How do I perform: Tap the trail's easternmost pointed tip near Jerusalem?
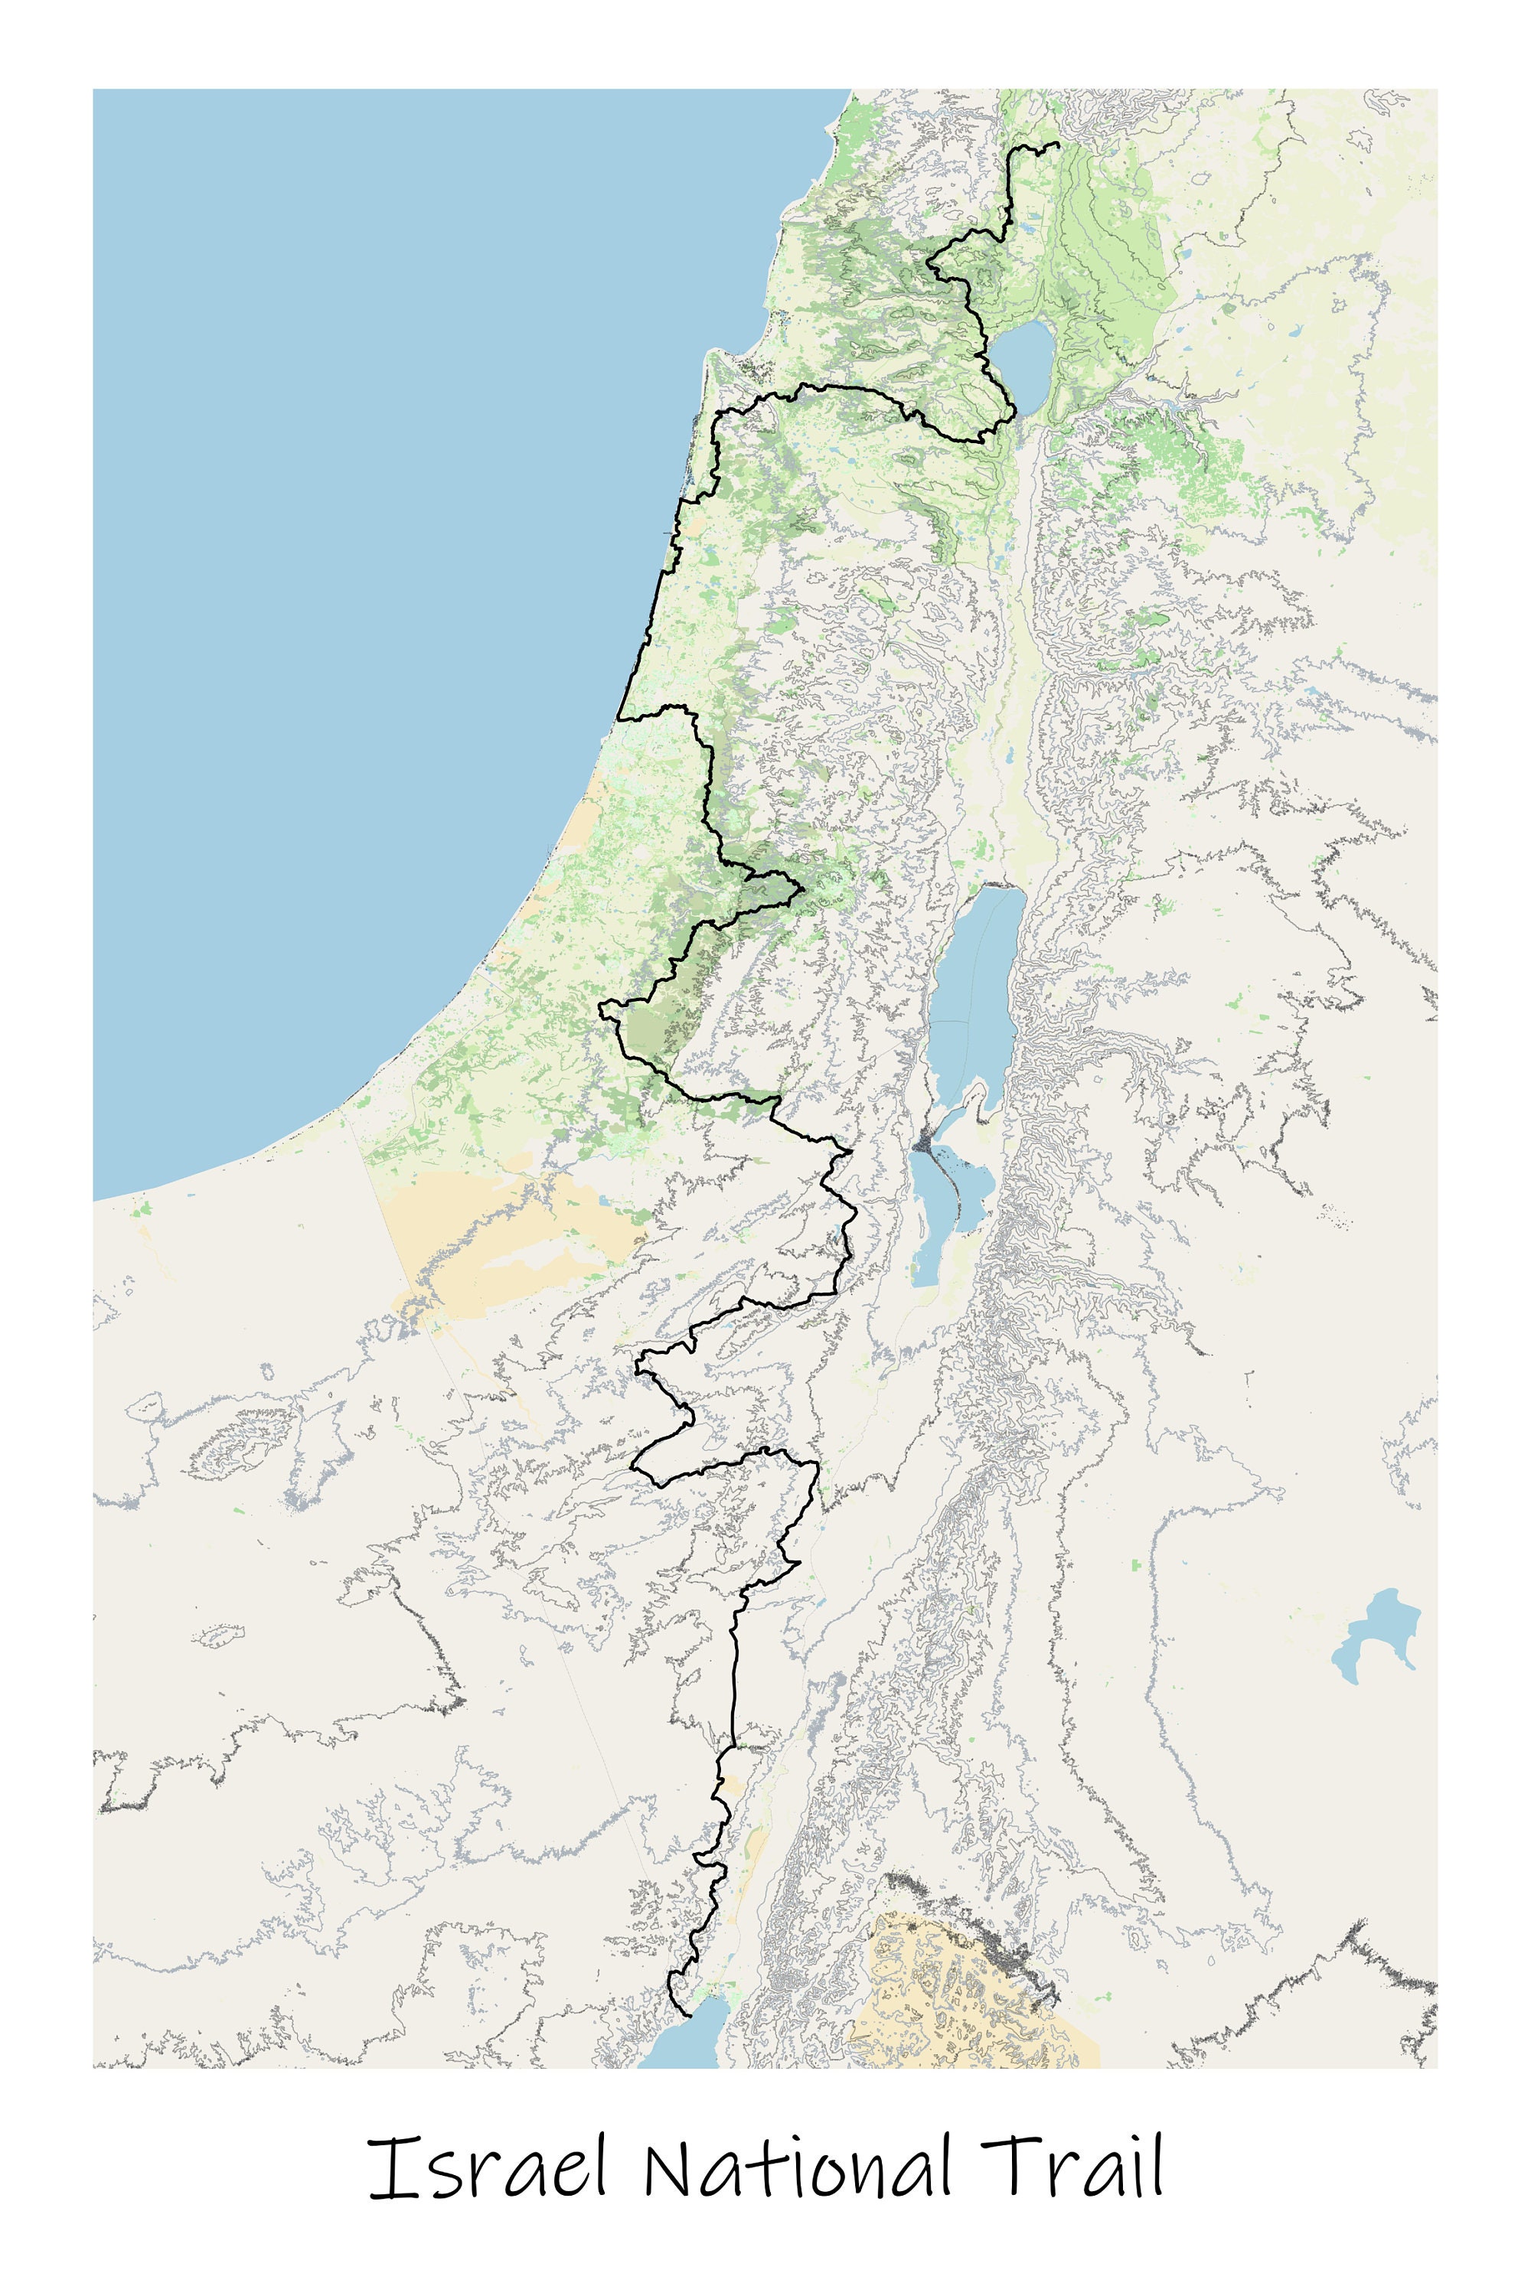point(802,889)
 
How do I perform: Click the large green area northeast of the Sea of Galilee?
point(1113,234)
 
